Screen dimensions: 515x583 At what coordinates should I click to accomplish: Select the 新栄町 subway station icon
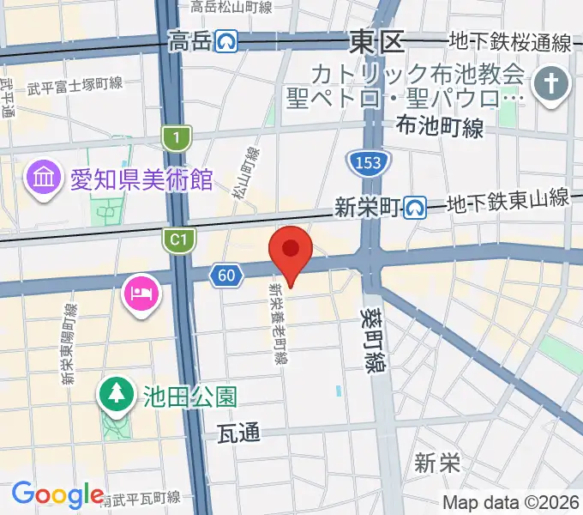[x=416, y=206]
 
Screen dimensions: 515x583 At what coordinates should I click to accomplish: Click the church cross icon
[x=547, y=85]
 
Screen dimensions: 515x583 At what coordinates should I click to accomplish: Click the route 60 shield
[x=225, y=275]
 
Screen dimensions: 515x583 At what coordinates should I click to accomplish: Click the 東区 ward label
[x=376, y=40]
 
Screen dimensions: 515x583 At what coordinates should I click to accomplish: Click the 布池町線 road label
[x=440, y=127]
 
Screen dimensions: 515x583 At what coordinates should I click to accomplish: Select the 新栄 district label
[x=437, y=463]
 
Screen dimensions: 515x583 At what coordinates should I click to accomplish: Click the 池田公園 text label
[x=178, y=397]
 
